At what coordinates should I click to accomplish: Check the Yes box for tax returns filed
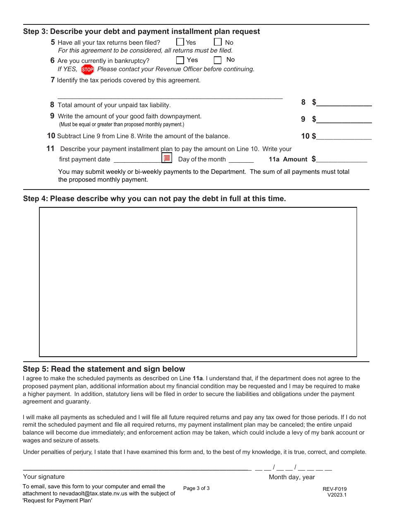tap(180, 42)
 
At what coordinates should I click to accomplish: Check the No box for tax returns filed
tap(218, 42)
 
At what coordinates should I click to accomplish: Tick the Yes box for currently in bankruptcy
tap(180, 60)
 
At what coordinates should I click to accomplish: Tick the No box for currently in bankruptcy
tap(218, 60)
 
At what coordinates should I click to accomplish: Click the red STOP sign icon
tap(87, 70)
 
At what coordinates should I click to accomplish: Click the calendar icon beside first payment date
tap(167, 158)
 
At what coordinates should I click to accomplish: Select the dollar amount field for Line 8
tap(344, 103)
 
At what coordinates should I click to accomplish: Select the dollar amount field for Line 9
tap(344, 120)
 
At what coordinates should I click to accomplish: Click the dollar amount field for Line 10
tap(344, 137)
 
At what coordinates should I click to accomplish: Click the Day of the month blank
tap(241, 160)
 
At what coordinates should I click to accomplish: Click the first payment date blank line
tap(137, 160)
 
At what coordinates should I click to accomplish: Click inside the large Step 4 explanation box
tap(198, 282)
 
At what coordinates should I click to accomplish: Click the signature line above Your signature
tap(137, 468)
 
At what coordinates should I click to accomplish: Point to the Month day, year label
tap(292, 477)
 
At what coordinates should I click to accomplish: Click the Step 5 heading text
tap(104, 369)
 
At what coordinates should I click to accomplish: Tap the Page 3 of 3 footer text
tap(196, 488)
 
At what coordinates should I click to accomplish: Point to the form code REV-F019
tap(335, 489)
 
